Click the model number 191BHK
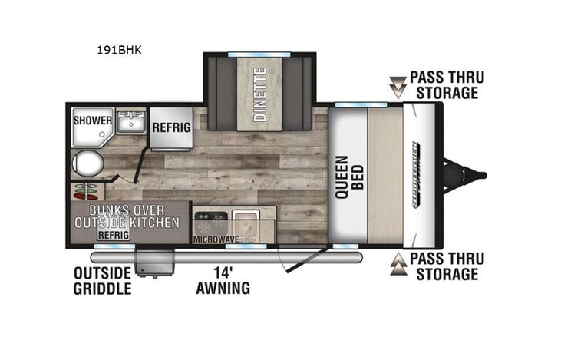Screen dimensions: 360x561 tap(120, 51)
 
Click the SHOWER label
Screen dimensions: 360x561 tap(93, 121)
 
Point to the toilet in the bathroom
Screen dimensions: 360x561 tap(87, 163)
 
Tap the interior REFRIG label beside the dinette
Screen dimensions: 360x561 tap(170, 127)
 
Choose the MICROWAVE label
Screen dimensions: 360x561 tap(216, 239)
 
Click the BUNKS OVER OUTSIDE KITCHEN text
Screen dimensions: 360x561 tap(127, 216)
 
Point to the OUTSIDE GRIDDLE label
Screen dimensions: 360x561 tap(102, 281)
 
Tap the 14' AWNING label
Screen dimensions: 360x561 tap(223, 281)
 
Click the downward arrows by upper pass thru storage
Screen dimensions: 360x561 tap(397, 86)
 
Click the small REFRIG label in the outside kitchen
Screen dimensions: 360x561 tap(113, 234)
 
